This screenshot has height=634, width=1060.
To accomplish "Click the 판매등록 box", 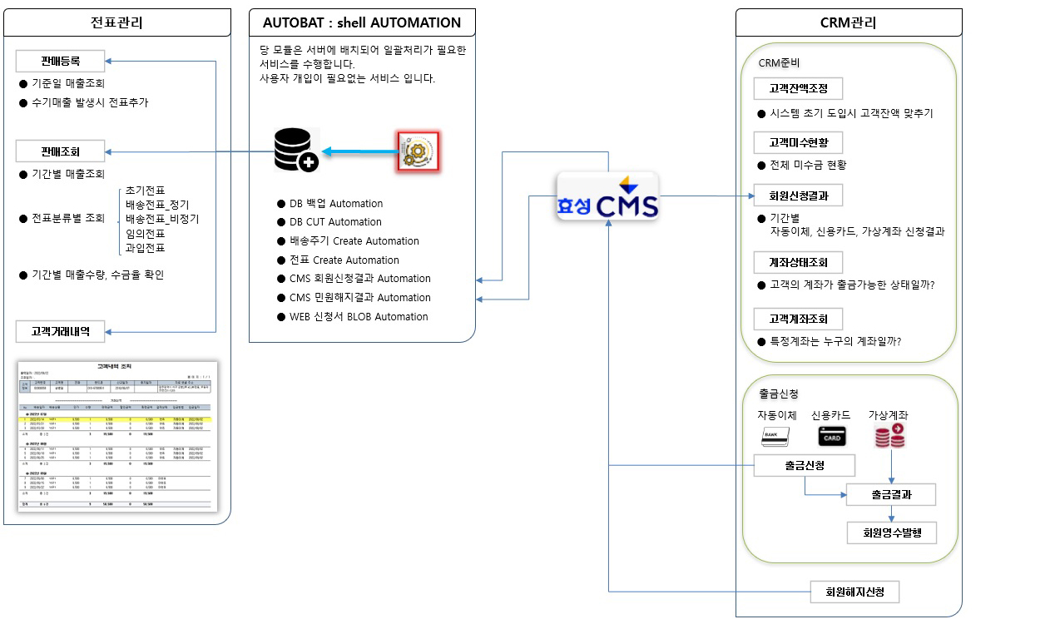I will click(61, 61).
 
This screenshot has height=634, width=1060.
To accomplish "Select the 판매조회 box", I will click(61, 151).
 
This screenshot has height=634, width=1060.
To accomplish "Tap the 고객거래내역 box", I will click(61, 332).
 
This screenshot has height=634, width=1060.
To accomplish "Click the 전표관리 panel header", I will click(116, 22).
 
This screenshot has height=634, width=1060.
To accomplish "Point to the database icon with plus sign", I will click(296, 151).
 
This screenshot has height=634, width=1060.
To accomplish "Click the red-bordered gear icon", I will click(418, 151).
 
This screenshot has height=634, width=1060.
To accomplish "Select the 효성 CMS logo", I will click(607, 196).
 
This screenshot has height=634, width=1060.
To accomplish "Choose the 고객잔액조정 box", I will click(798, 89).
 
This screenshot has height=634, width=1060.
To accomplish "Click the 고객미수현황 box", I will click(798, 142).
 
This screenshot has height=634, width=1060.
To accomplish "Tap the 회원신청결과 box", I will click(798, 196).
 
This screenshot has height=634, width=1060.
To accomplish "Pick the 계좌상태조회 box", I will click(798, 263).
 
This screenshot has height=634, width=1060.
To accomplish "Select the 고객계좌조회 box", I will click(798, 319).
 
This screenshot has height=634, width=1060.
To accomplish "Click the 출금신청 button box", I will click(804, 466).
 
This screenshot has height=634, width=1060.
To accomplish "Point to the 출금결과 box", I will click(891, 494).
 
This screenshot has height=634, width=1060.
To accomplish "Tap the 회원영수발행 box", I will click(891, 532).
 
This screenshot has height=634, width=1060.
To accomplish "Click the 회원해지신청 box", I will click(854, 592).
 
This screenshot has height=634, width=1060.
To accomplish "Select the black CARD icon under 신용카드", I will click(832, 436).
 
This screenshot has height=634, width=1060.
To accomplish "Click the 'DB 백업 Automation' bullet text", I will click(330, 204).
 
